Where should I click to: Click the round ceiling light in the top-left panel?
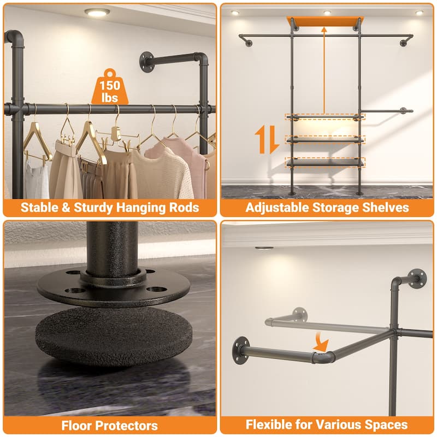[97, 12]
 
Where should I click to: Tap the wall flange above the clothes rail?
[146, 62]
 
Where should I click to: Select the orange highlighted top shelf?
[326, 21]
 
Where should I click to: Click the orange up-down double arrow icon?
[267, 139]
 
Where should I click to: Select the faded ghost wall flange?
[299, 314]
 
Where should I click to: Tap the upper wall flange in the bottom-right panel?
[417, 279]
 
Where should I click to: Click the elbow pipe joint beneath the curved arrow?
[324, 357]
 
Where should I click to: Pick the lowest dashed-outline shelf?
[324, 162]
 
